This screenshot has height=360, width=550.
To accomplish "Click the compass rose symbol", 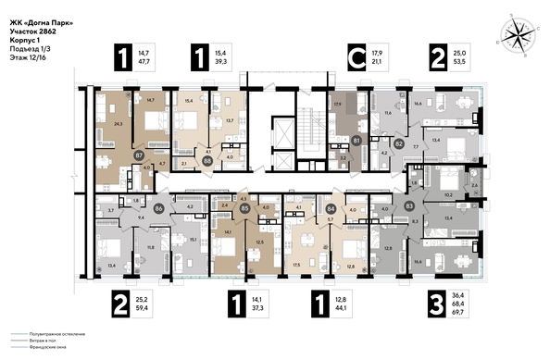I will coord(515,35).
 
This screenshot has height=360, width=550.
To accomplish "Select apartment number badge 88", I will coord(207,159).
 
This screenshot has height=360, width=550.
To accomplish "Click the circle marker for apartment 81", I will coord(357,141).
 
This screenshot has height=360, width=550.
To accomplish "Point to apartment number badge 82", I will coord(398,143).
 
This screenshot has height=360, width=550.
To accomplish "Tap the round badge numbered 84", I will coord(331,208).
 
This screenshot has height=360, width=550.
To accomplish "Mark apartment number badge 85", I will coord(244,208).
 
